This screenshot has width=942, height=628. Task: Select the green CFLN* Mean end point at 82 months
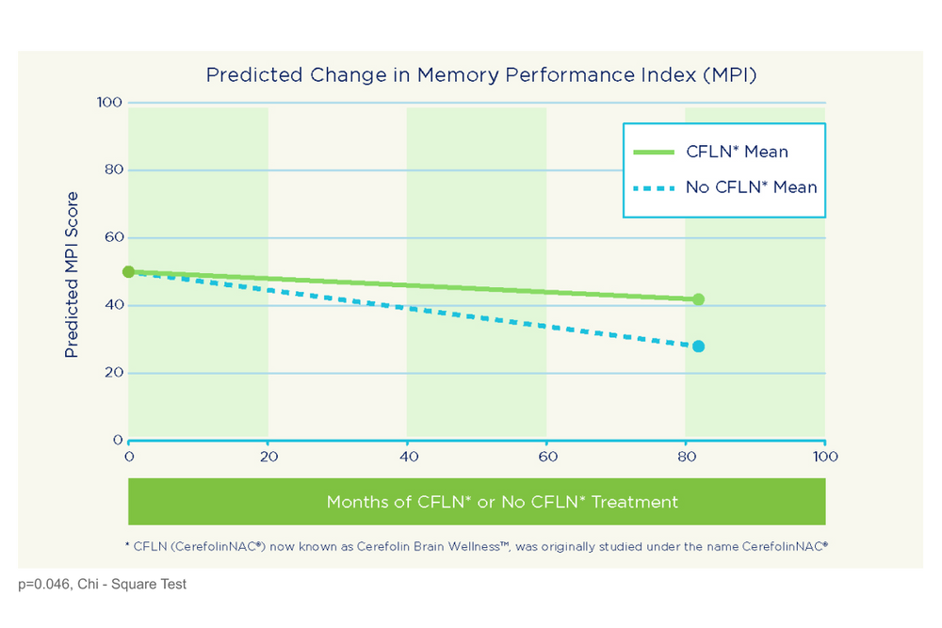tap(698, 299)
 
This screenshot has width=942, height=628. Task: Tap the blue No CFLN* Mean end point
tap(698, 346)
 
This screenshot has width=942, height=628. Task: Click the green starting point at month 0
tap(129, 272)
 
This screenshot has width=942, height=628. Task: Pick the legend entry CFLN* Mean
tap(737, 152)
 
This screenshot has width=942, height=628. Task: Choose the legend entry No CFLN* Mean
tap(751, 186)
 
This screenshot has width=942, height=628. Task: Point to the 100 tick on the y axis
tap(111, 102)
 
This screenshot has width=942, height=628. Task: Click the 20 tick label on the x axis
tap(268, 457)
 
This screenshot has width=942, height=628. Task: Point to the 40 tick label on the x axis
tap(407, 457)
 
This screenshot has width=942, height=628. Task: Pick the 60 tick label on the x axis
tap(546, 457)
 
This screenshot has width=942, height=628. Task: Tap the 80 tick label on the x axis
tap(686, 457)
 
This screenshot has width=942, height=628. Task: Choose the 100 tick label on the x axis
tap(825, 457)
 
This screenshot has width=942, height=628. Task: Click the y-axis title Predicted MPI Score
tap(72, 274)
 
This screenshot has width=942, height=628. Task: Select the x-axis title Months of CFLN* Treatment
tap(502, 502)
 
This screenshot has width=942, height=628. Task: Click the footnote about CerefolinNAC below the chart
tap(476, 545)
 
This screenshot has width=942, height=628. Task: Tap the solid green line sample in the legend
tap(654, 152)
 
